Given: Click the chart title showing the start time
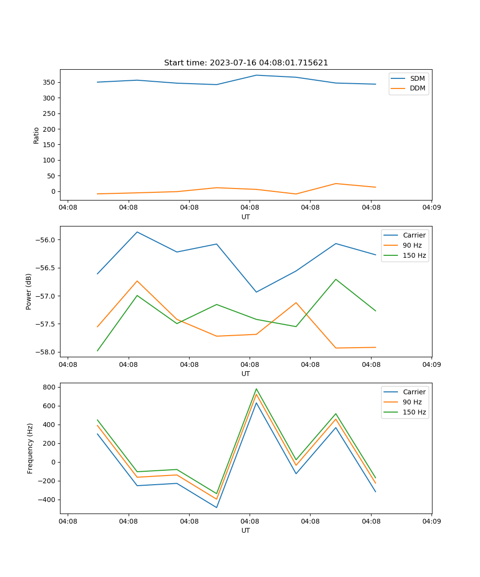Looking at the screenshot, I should pyautogui.click(x=246, y=63).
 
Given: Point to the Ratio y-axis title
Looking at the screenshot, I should pyautogui.click(x=36, y=135).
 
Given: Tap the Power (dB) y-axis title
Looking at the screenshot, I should pyautogui.click(x=29, y=291).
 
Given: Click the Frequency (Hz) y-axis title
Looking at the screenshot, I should pyautogui.click(x=30, y=448).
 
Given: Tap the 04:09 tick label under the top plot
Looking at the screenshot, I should pyautogui.click(x=432, y=208).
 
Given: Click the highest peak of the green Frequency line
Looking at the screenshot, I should pyautogui.click(x=256, y=389).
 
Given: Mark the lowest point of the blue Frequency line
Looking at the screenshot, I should pyautogui.click(x=216, y=507).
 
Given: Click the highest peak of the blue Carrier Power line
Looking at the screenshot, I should pyautogui.click(x=137, y=232).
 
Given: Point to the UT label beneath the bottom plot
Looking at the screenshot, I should pyautogui.click(x=246, y=530).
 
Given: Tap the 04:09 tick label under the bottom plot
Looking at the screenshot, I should pyautogui.click(x=432, y=521).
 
